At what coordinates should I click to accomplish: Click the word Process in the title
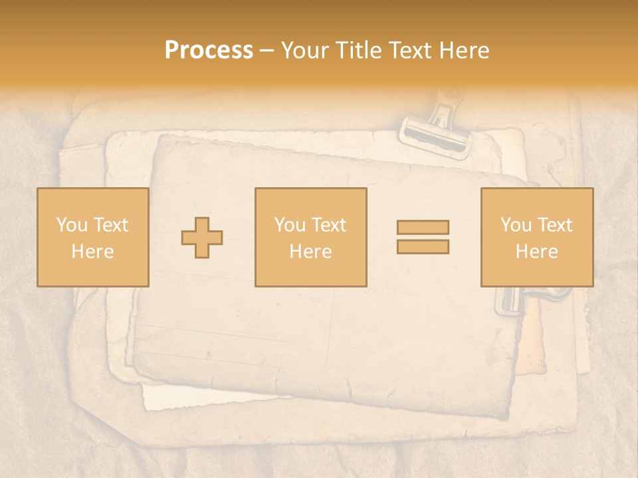point(209,50)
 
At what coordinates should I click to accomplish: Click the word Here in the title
point(465,50)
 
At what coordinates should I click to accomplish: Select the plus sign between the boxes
point(202,238)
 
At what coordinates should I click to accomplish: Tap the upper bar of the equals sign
point(423,228)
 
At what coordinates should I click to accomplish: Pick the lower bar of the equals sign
point(423,247)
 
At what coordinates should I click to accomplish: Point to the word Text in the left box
point(110,225)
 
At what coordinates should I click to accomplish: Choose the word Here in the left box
point(92,252)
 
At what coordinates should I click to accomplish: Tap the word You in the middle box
point(290,225)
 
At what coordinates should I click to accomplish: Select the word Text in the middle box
point(328,225)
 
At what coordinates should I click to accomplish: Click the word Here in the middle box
point(310,252)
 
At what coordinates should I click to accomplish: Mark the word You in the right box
point(516,225)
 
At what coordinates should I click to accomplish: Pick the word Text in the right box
point(554,225)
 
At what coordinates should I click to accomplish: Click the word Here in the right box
point(536,252)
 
